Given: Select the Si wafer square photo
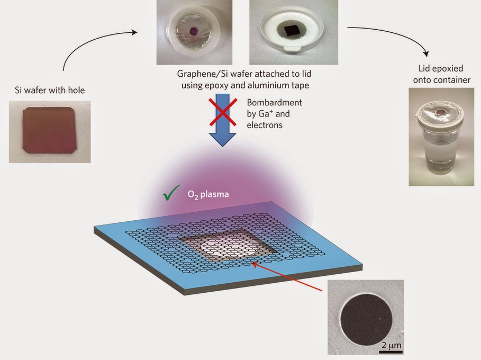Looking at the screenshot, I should click(x=50, y=132).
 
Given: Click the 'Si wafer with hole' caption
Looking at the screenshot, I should click(x=50, y=90).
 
